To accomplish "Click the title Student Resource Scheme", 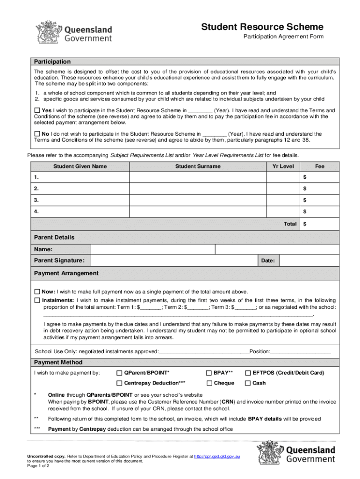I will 262,27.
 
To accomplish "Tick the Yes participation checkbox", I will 37,110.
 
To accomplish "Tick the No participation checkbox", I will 37,134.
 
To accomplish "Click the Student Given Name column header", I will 80,166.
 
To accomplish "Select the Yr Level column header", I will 283,166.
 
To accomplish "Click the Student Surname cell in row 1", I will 198,177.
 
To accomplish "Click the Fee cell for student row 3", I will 319,200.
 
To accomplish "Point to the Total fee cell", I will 319,224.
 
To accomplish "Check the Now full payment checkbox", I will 37,291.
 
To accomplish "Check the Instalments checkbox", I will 37,300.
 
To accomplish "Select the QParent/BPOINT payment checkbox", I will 119,373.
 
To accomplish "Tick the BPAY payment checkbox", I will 209,373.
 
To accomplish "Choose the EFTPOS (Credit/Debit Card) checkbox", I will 248,373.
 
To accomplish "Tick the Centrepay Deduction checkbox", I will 119,383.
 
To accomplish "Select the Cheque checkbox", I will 209,383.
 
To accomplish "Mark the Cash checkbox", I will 248,383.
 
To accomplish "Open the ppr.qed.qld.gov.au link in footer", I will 217,456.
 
